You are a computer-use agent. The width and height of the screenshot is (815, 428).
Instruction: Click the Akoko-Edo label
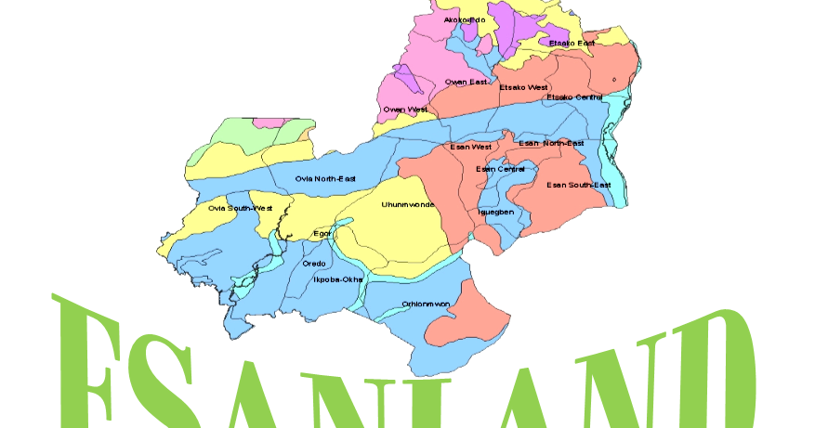[x=464, y=19]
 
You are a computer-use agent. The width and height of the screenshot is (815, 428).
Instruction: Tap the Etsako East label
[x=572, y=44]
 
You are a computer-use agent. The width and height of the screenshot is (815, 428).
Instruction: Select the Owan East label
[x=466, y=82]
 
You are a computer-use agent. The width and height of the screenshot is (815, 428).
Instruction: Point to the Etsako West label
[x=523, y=87]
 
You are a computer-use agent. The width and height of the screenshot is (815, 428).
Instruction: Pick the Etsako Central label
[x=574, y=97]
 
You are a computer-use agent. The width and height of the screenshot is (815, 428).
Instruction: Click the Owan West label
[x=405, y=110]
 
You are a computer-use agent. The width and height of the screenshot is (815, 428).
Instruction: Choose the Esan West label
[x=470, y=147]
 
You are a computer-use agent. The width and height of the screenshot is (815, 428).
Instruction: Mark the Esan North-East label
[x=551, y=143]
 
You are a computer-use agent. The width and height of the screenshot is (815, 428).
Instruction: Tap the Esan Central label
[x=500, y=169]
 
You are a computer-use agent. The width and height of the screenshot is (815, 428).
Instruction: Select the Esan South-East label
[x=578, y=185]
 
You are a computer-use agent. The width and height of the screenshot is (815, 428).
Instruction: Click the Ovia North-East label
[x=325, y=178]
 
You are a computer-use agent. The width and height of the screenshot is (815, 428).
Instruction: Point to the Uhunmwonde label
[x=408, y=204]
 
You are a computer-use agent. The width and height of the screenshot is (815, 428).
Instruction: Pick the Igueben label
[x=495, y=212]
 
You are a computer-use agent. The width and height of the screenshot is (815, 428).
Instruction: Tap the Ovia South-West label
[x=240, y=208]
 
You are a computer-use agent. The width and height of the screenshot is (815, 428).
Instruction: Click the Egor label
[x=322, y=233]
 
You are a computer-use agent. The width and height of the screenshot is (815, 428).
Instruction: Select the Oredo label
[x=314, y=264]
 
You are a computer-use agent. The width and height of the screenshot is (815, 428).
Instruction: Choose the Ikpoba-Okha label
[x=337, y=279]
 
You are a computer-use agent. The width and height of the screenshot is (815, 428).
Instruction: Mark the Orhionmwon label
[x=426, y=304]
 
